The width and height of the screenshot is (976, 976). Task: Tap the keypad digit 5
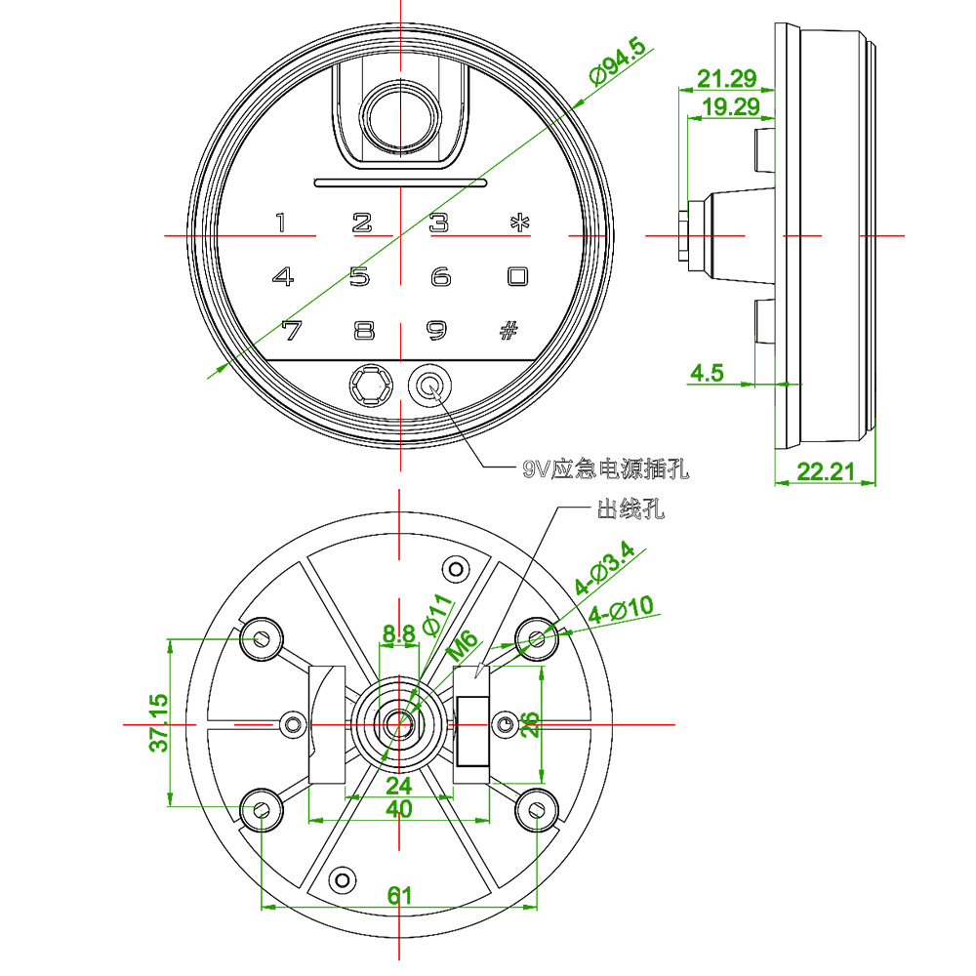pos(360,277)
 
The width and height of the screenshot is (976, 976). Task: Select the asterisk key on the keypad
pos(516,223)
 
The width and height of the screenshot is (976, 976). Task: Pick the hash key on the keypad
pos(508,330)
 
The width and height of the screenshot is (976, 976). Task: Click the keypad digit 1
pos(281,223)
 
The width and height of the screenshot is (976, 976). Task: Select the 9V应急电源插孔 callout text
pos(605,469)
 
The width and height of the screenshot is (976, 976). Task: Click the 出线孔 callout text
pos(630,509)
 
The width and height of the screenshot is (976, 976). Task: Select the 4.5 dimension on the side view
pos(707,373)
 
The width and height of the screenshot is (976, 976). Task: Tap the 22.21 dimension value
pos(826,471)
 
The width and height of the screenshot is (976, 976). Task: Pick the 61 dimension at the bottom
pos(399,895)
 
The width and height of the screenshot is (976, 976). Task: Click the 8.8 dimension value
pos(398,635)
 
